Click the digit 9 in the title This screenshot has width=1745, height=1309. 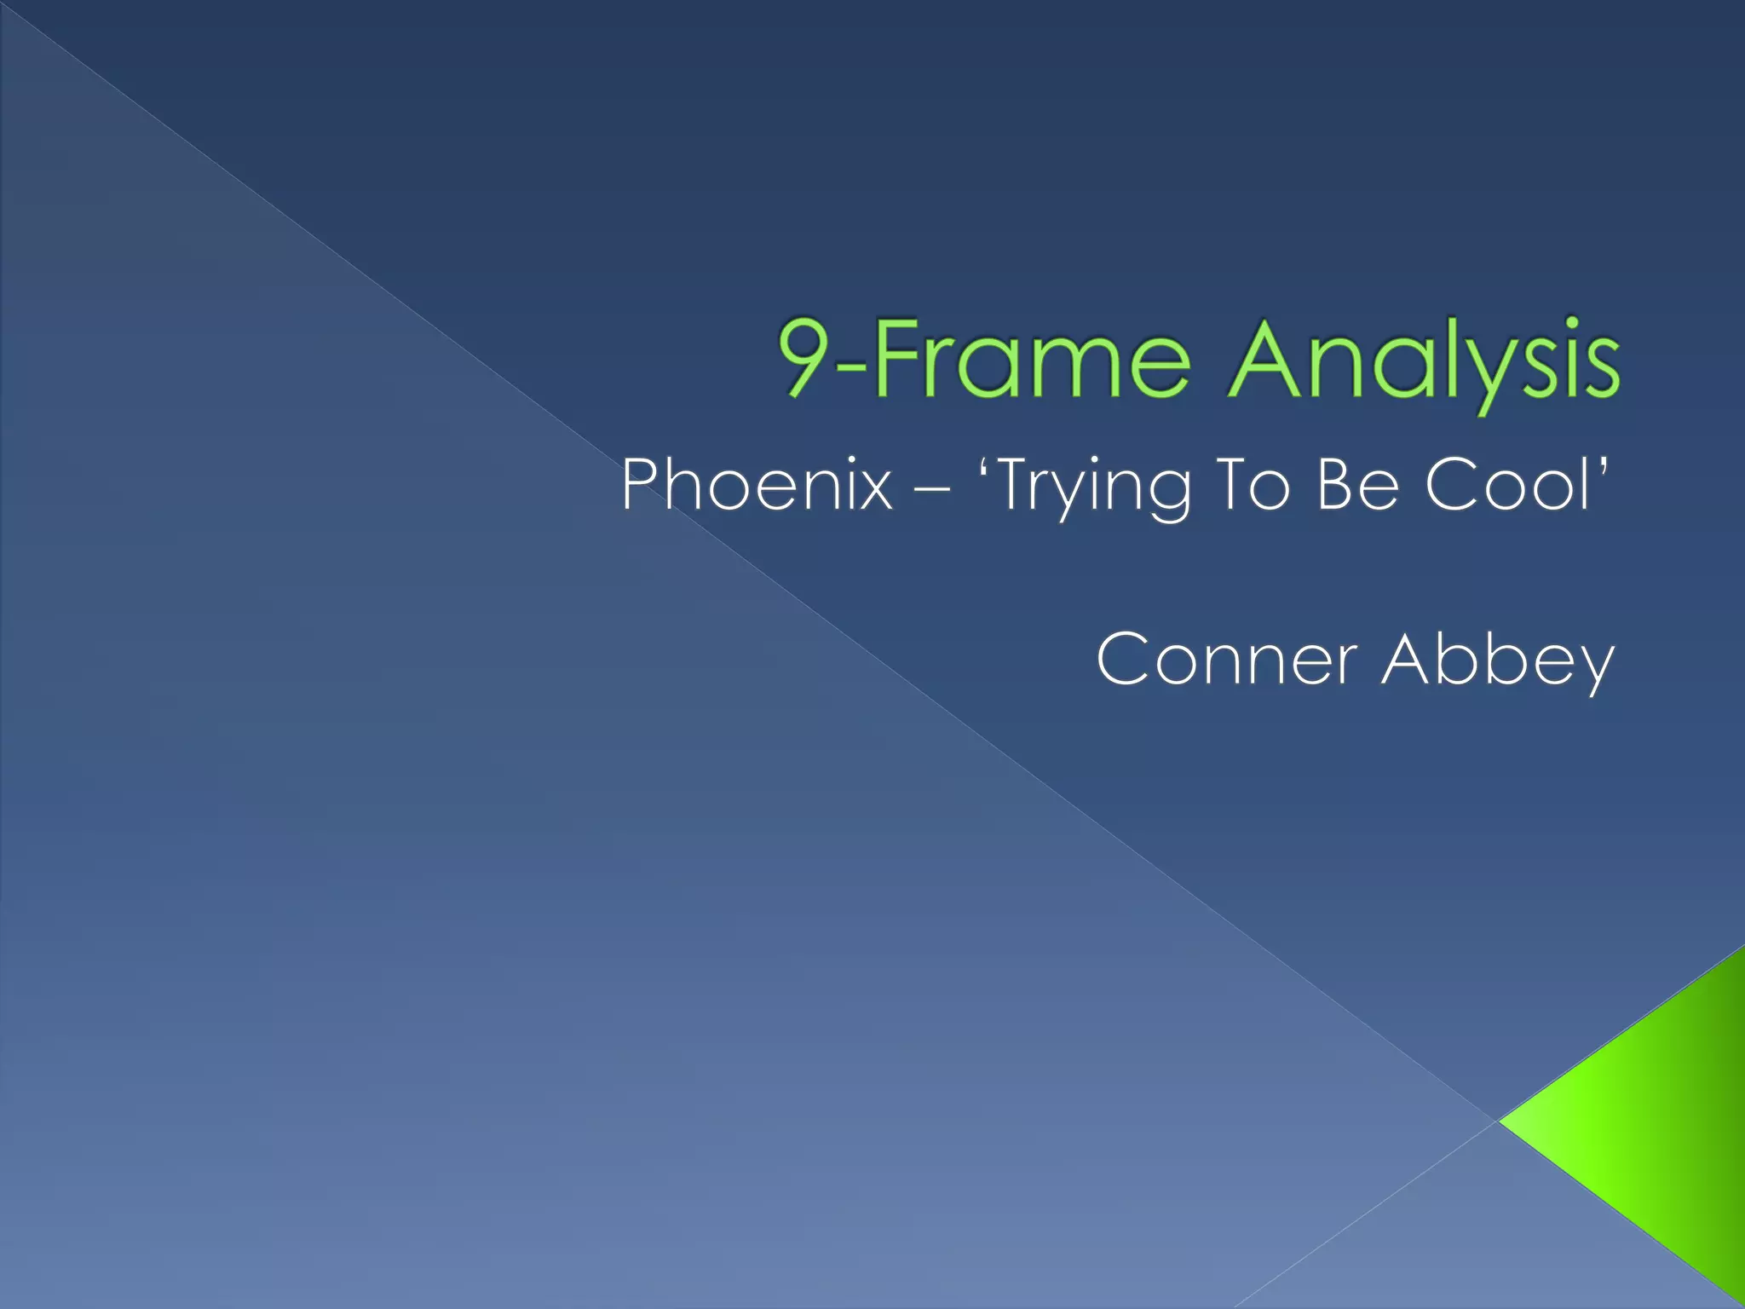point(804,358)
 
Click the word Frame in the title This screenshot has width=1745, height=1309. point(1031,358)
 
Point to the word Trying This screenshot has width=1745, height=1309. point(1096,487)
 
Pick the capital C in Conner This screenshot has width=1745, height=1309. point(1122,659)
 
